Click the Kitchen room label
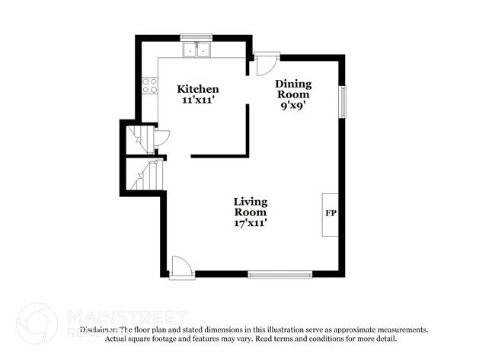[198, 89]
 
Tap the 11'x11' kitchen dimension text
[198, 100]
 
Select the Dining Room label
[293, 89]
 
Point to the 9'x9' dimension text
[293, 106]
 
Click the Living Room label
[250, 206]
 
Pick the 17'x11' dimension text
[250, 224]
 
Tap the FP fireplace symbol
[331, 213]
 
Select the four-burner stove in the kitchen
[149, 85]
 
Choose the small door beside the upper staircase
[161, 138]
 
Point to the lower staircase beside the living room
[145, 177]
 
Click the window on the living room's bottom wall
[280, 272]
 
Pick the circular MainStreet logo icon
[36, 322]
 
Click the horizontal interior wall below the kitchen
[219, 155]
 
